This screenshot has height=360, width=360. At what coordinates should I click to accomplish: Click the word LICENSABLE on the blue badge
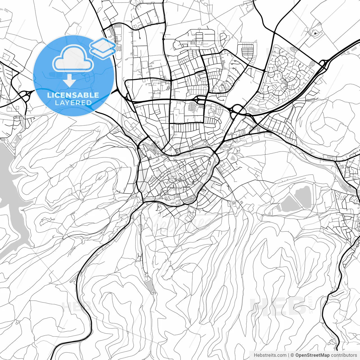pyautogui.click(x=73, y=95)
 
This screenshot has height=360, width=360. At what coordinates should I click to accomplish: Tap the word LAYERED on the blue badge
pyautogui.click(x=73, y=103)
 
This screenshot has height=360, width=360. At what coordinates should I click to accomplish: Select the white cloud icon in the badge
pyautogui.click(x=73, y=59)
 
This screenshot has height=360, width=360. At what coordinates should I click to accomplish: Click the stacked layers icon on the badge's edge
pyautogui.click(x=103, y=47)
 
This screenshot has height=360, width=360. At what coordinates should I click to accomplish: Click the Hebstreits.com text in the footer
pyautogui.click(x=270, y=355)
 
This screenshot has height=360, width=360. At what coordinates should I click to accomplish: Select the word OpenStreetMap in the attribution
pyautogui.click(x=312, y=355)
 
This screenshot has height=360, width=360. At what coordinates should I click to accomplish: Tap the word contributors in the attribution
pyautogui.click(x=344, y=355)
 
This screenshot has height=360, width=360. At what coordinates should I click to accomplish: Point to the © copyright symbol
pyautogui.click(x=292, y=355)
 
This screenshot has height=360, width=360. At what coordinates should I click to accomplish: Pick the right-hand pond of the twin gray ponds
pyautogui.click(x=303, y=196)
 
